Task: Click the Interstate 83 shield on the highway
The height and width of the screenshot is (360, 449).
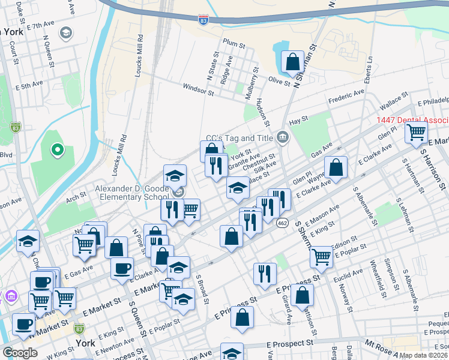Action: point(203,20)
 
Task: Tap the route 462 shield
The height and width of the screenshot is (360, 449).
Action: point(282,223)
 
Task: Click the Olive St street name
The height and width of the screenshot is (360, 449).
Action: point(279,81)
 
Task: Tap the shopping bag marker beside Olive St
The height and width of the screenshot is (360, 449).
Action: point(293,62)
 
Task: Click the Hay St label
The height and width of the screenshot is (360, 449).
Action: point(298,120)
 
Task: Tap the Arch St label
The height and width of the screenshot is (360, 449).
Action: point(76,196)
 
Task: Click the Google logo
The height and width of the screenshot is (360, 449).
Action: point(20,353)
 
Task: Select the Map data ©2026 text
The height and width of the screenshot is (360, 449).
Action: point(423,355)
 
